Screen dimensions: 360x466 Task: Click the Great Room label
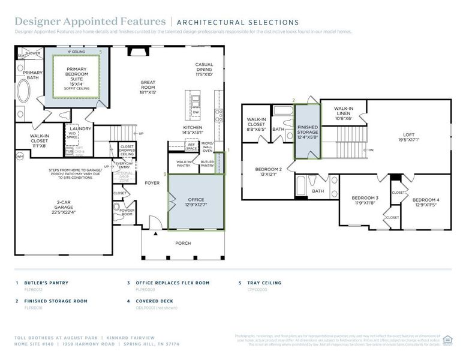click(148, 86)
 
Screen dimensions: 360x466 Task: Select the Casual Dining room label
click(204, 69)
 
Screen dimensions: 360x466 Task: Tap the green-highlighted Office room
click(196, 202)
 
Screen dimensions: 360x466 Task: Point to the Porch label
click(183, 243)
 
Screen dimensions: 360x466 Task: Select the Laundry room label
click(80, 128)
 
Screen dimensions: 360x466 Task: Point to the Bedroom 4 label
click(426, 202)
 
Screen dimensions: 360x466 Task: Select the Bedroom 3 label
click(365, 200)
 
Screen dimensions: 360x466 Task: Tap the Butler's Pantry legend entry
click(47, 283)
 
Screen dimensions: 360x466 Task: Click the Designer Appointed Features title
click(90, 22)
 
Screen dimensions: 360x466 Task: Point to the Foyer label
click(152, 182)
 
